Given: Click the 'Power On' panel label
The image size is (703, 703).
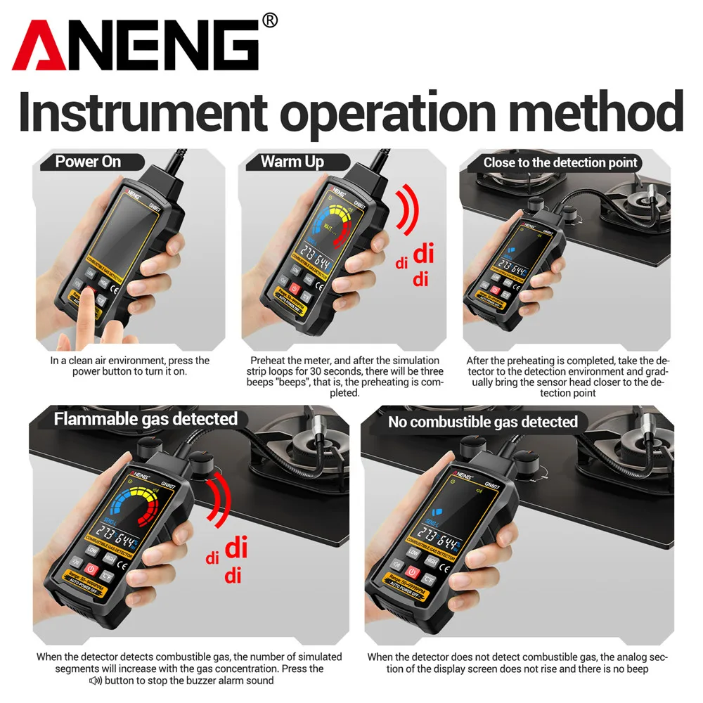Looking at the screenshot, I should coord(88,162).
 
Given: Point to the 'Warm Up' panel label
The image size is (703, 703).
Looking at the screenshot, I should coord(292,162).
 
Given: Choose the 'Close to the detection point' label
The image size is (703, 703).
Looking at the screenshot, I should coord(560,162).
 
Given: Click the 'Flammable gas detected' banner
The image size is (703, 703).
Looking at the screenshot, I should coord(146,419).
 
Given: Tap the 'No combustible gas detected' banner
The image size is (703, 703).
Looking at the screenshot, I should coord(483,422).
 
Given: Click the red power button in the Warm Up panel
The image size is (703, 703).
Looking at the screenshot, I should coord(295,288).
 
